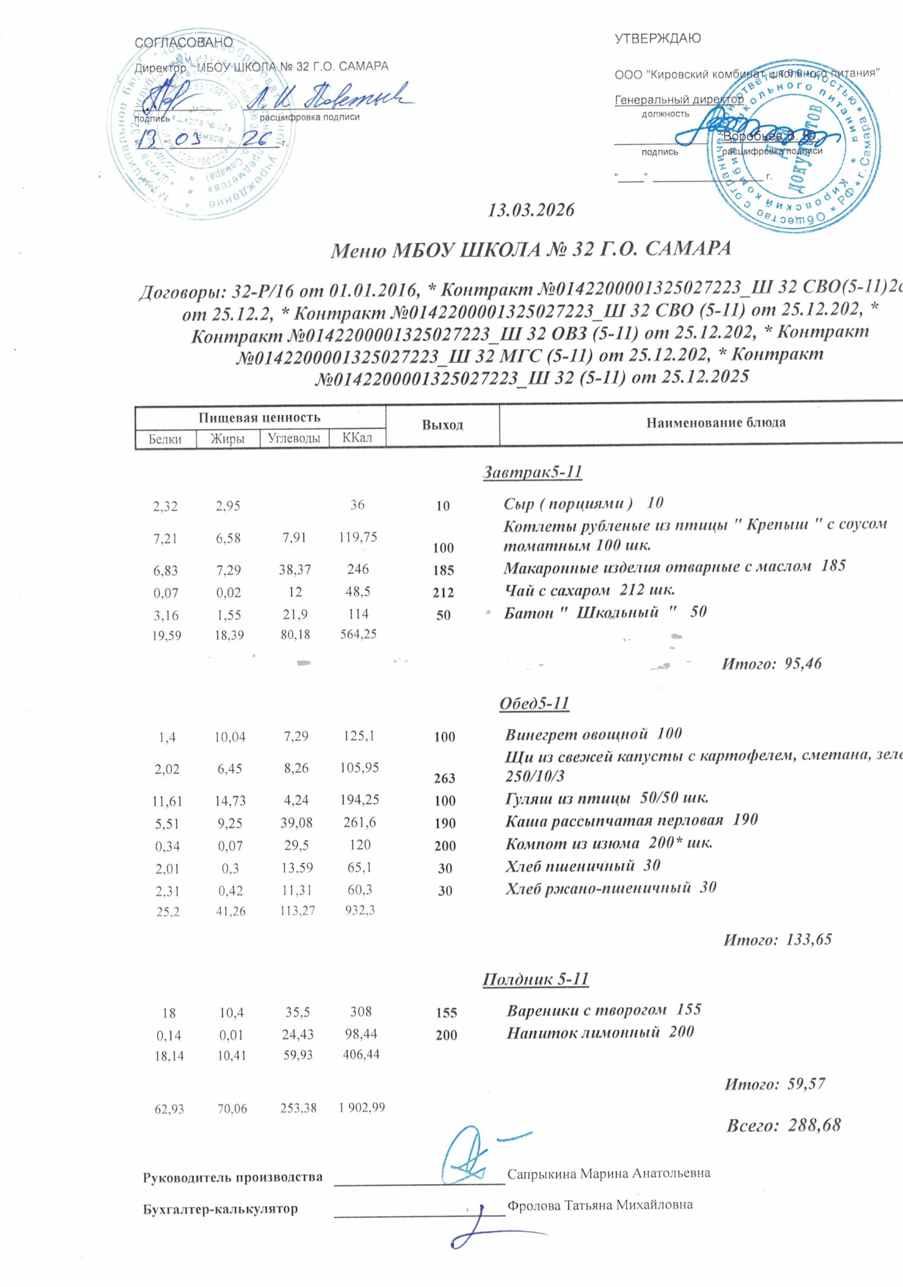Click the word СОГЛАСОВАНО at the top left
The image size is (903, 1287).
pyautogui.click(x=184, y=43)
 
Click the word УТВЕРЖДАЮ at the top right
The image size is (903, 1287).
pyautogui.click(x=658, y=39)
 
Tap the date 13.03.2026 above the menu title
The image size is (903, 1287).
pyautogui.click(x=531, y=210)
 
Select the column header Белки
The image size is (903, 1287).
pyautogui.click(x=165, y=439)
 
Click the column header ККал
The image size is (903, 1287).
pyautogui.click(x=357, y=438)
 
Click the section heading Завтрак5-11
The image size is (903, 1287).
pyautogui.click(x=532, y=473)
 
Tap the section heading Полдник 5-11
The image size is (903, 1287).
pyautogui.click(x=535, y=979)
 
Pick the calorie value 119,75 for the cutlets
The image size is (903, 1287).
pyautogui.click(x=357, y=537)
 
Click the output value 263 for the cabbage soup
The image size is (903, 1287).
pyautogui.click(x=444, y=779)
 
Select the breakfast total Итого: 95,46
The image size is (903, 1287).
pyautogui.click(x=771, y=664)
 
